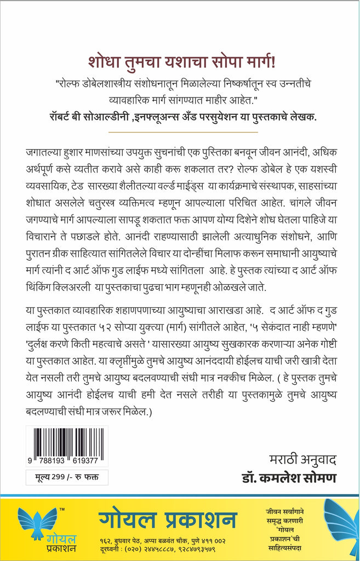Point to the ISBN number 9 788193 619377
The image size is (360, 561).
pos(67,461)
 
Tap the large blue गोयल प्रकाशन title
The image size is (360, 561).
pos(168,519)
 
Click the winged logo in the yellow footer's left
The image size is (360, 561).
pos(37,519)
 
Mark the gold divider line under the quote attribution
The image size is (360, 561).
pos(179,131)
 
